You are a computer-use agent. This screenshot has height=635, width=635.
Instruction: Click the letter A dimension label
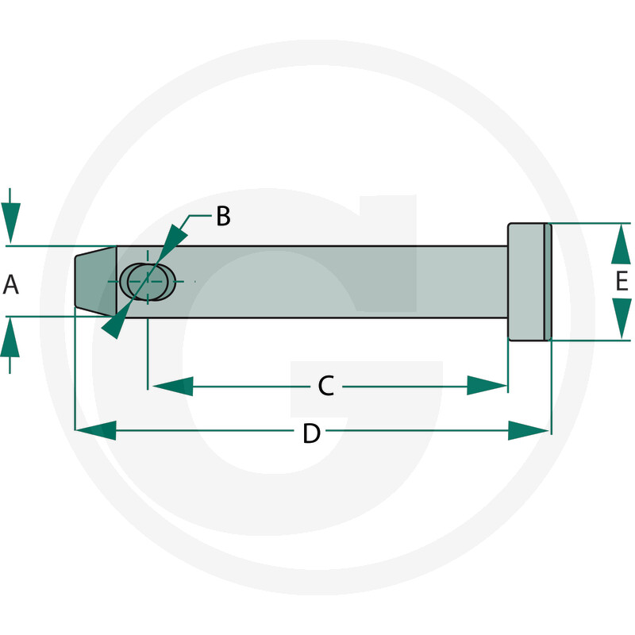click(x=10, y=284)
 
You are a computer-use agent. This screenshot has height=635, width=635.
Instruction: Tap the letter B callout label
click(x=223, y=216)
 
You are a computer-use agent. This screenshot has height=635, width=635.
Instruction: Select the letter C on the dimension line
click(x=326, y=386)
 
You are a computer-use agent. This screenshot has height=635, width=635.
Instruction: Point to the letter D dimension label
click(x=312, y=433)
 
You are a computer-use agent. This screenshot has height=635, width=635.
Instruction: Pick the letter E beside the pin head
click(x=622, y=281)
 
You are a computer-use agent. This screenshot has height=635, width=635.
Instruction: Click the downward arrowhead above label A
click(x=10, y=223)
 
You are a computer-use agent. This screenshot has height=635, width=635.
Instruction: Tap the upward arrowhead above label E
click(x=621, y=244)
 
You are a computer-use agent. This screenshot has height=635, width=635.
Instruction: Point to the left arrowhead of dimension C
click(x=172, y=386)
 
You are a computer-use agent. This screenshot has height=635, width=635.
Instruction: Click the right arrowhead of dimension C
click(x=487, y=386)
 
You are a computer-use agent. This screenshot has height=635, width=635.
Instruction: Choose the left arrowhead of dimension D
click(x=96, y=430)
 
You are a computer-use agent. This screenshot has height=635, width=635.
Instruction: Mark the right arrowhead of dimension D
click(x=529, y=430)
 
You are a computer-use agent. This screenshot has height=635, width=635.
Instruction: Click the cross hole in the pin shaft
click(x=148, y=282)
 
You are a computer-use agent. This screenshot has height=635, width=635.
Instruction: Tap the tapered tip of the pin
click(x=96, y=281)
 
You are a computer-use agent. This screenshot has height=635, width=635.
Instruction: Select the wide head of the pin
click(x=529, y=282)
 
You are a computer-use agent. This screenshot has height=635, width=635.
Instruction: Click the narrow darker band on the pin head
click(x=548, y=282)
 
